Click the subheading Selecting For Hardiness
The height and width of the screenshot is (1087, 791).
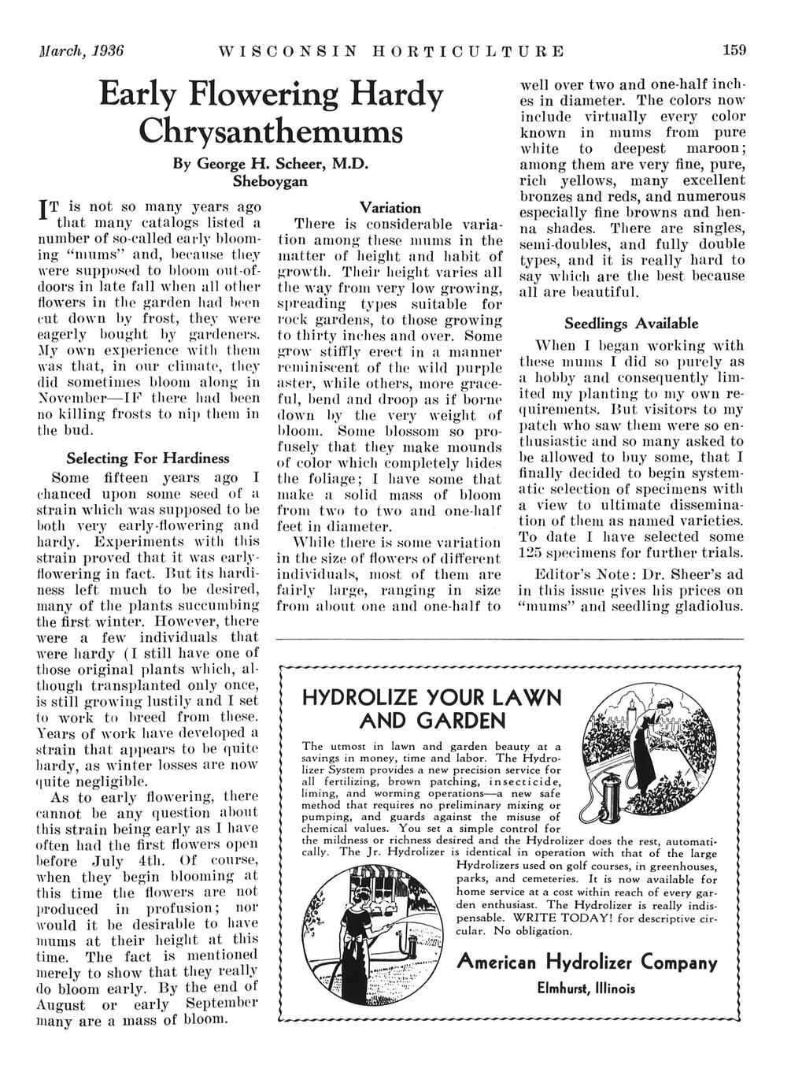pos(148,458)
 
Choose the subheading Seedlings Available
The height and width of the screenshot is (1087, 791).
pos(630,324)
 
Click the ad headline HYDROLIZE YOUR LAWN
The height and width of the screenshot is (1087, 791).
pos(432,698)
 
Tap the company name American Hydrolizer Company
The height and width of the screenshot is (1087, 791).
pos(587,962)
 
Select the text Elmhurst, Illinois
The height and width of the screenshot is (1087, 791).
pos(586,989)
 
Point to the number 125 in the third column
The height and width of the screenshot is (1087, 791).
pos(534,552)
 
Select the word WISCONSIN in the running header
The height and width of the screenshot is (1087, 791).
pos(288,52)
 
